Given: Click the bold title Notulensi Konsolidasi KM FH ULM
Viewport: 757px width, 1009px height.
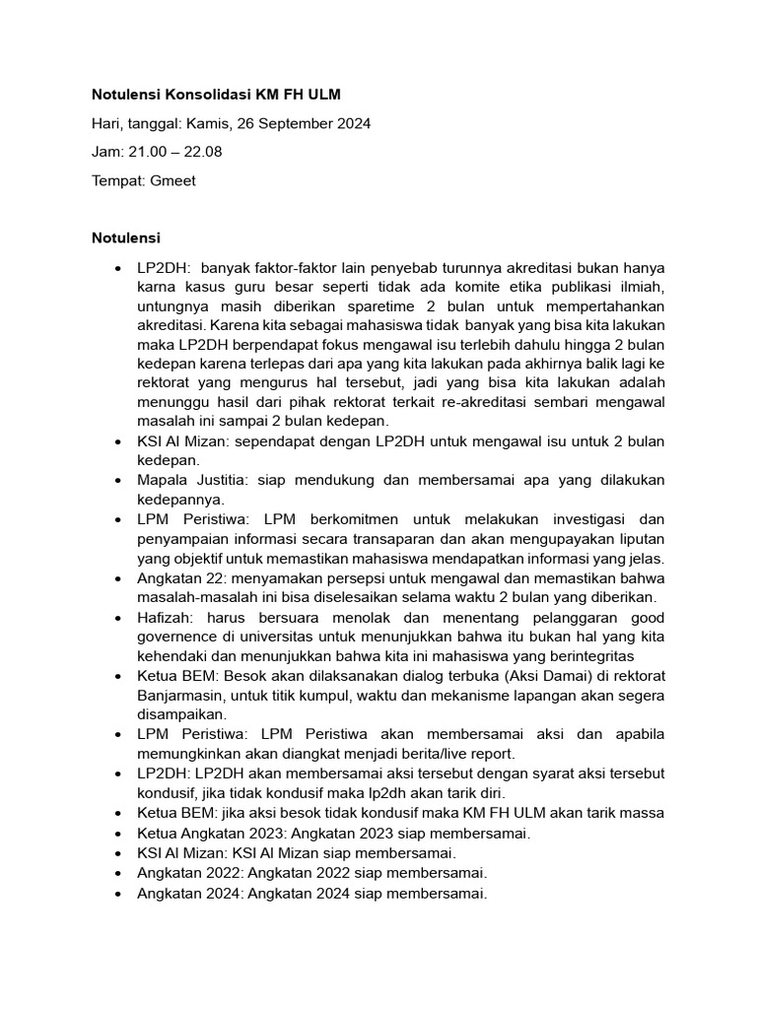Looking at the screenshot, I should pyautogui.click(x=217, y=95).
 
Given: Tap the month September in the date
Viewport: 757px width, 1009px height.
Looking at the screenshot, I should pyautogui.click(x=296, y=123).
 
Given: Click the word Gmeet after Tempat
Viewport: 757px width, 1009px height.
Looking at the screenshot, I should pyautogui.click(x=172, y=181).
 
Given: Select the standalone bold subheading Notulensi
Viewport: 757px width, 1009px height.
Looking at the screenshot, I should pyautogui.click(x=126, y=238).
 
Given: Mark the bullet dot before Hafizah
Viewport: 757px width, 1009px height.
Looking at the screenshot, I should pyautogui.click(x=118, y=617).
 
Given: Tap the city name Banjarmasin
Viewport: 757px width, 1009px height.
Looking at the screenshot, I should pyautogui.click(x=183, y=695).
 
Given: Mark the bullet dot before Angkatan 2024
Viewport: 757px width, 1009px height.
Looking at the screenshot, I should pyautogui.click(x=118, y=894).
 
